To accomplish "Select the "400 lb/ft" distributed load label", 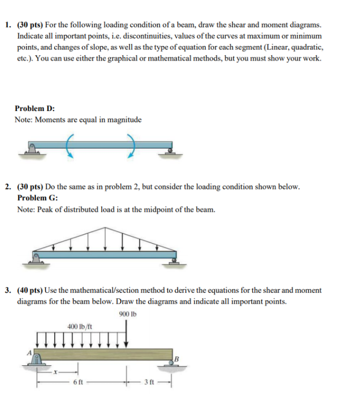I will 80,326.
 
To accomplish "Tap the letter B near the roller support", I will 175,358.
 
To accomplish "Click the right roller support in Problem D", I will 170,152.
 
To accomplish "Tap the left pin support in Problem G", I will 35,259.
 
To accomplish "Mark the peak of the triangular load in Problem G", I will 106,227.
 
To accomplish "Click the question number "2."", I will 8,187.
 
